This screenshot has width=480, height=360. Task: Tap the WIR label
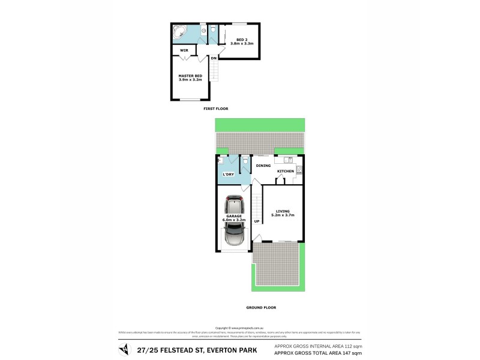pos(185,50)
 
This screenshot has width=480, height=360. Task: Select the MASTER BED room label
pos(190,77)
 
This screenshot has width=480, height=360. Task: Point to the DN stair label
pos(214,58)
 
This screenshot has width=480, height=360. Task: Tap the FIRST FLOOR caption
pos(216,109)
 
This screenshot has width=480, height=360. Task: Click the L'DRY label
pos(228,174)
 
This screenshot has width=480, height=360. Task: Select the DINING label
pos(263,166)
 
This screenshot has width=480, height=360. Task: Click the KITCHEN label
pos(286,172)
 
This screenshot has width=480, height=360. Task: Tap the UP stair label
pos(257,221)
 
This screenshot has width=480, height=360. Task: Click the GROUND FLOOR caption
pos(261,307)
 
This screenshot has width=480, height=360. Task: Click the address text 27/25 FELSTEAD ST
pos(173,350)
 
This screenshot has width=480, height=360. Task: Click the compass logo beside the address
pos(123,350)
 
